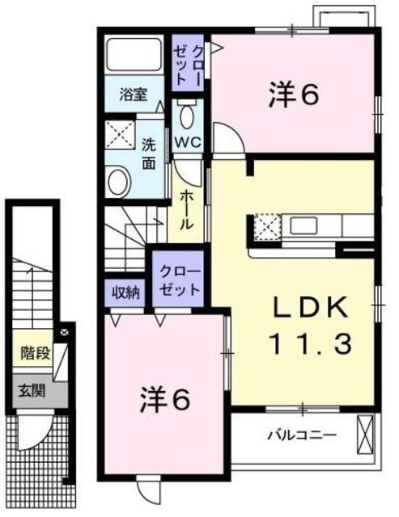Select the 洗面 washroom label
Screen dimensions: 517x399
tap(150, 154)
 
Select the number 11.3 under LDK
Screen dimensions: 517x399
tap(311, 345)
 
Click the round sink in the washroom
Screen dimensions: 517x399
tap(118, 180)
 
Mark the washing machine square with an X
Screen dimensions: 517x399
tap(121, 134)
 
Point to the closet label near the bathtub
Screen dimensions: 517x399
tap(190, 61)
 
